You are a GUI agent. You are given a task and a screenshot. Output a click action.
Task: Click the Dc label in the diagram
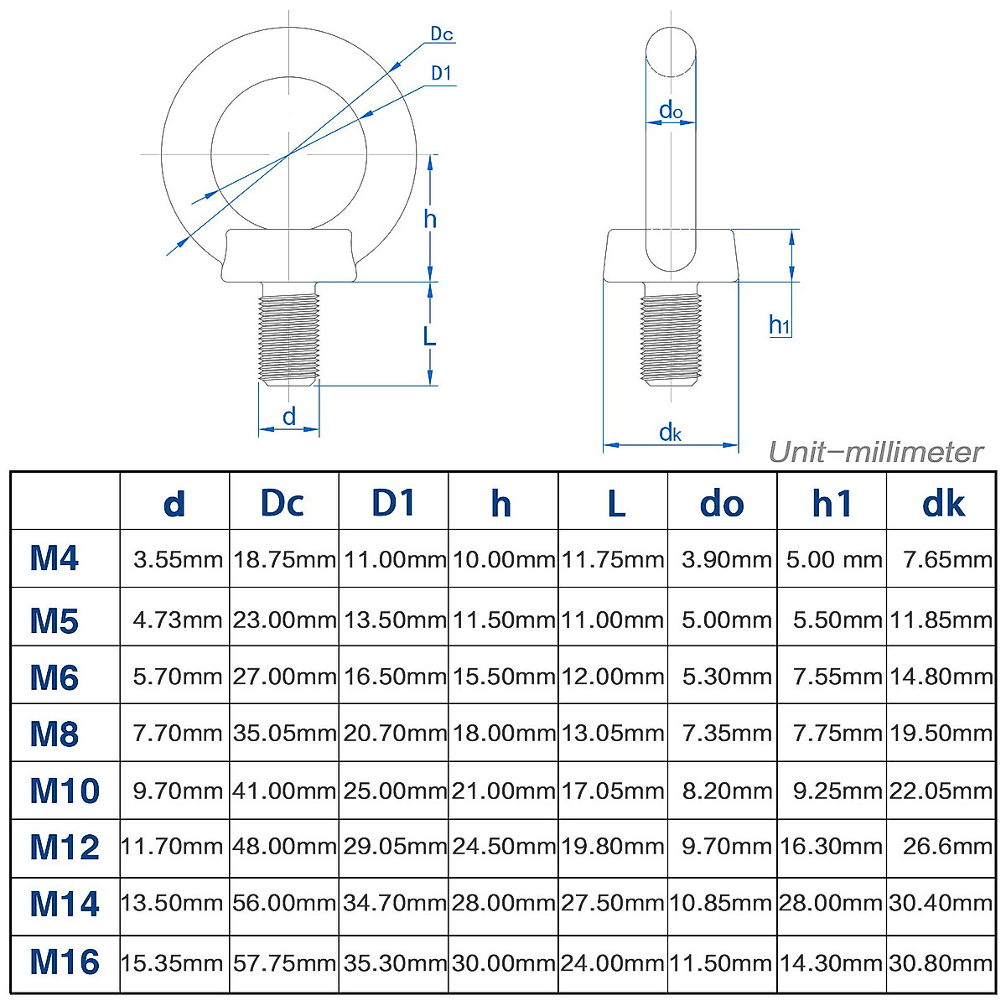[x=441, y=34]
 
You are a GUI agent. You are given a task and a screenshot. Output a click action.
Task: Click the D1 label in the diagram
[x=441, y=74]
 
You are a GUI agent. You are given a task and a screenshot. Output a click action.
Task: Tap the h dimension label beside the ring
[x=430, y=220]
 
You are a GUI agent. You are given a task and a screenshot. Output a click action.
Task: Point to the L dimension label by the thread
[x=429, y=336]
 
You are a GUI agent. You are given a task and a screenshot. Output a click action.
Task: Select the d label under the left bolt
[x=289, y=417]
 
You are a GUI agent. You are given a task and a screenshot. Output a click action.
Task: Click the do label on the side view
[x=671, y=110]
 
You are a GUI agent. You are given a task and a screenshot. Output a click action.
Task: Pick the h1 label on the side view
[x=780, y=324]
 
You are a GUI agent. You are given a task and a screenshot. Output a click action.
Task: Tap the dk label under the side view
[x=670, y=433]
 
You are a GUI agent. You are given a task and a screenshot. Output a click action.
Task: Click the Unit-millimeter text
[x=875, y=453]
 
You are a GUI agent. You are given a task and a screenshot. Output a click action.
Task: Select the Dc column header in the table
[x=283, y=503]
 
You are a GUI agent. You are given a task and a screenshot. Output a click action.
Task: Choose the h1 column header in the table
[x=832, y=503]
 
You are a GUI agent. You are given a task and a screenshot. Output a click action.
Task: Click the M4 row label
[x=54, y=558]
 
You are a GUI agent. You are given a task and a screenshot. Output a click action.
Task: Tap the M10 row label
[x=65, y=791]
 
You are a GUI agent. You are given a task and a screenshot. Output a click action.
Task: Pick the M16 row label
[x=65, y=962]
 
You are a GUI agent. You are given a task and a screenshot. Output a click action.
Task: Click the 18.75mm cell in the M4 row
[x=284, y=559]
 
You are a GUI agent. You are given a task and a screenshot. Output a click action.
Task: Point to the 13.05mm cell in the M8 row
[x=613, y=734]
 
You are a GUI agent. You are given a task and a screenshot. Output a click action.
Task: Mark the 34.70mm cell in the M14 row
[x=394, y=905]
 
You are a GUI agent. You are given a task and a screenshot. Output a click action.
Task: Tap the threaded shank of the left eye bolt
[x=289, y=335]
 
